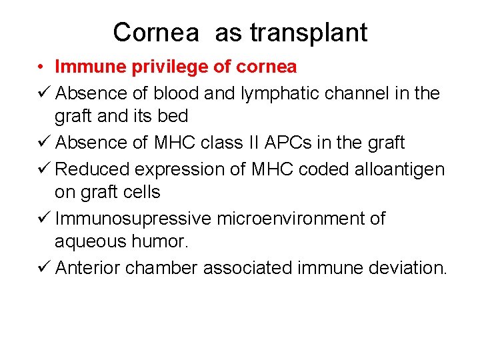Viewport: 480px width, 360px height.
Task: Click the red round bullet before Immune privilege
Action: pyautogui.click(x=41, y=67)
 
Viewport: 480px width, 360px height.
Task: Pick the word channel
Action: pyautogui.click(x=352, y=93)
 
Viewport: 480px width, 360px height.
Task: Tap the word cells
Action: pyautogui.click(x=140, y=192)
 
